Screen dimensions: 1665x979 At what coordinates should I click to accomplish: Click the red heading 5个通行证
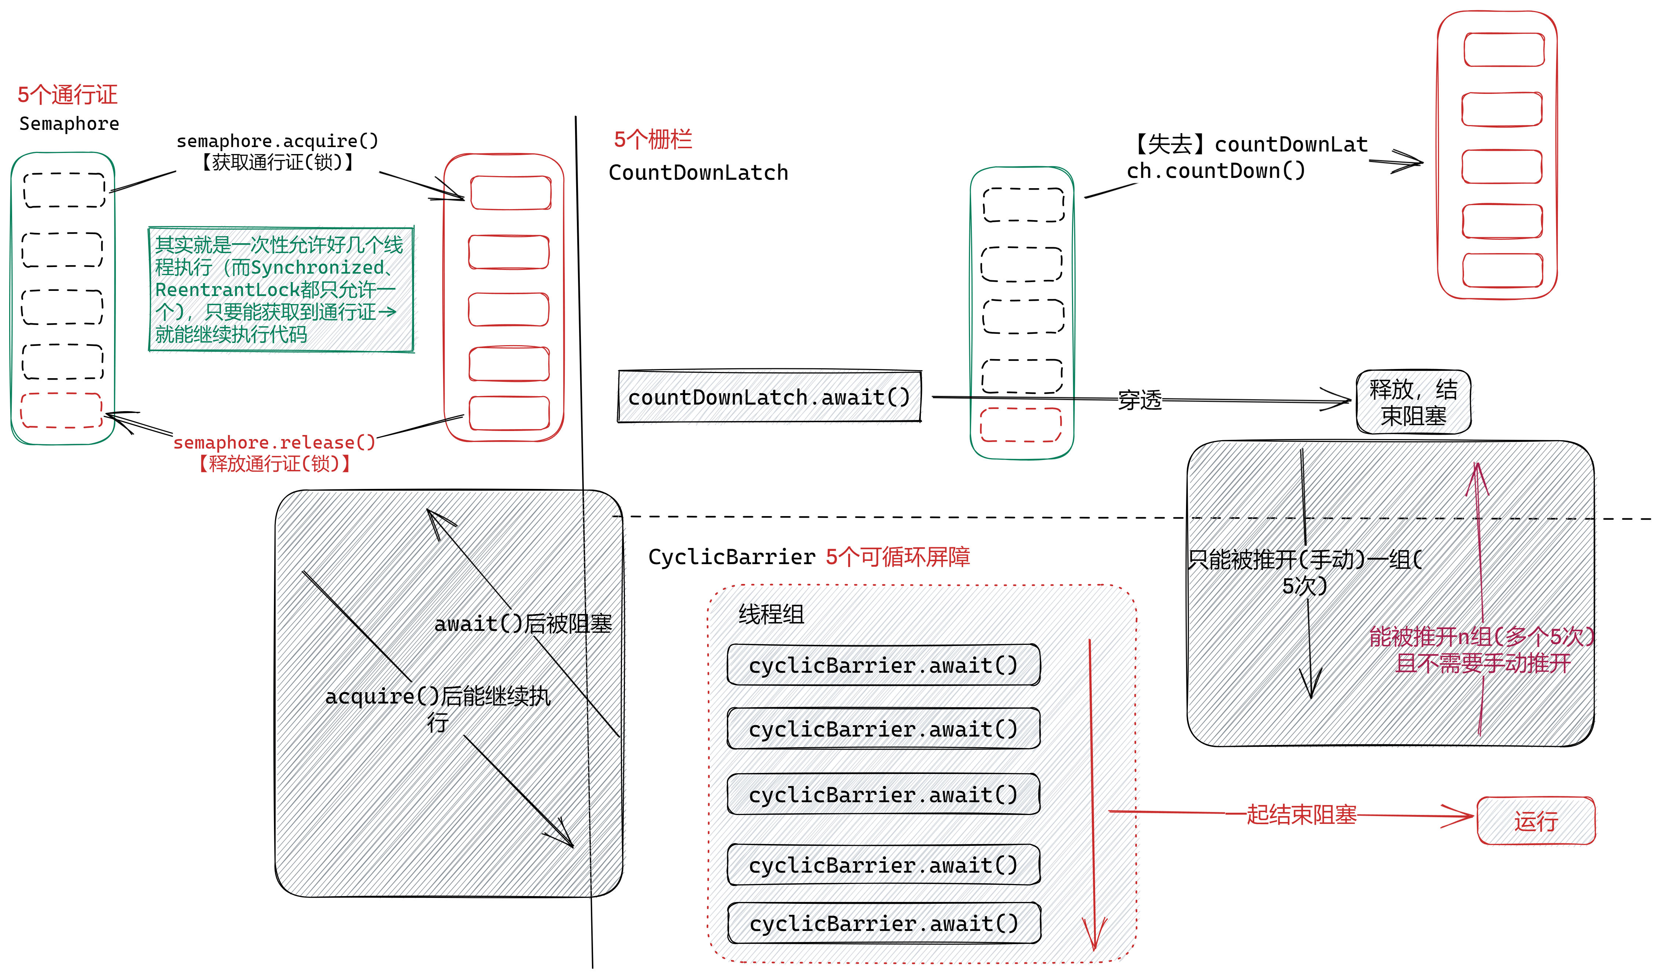tap(67, 95)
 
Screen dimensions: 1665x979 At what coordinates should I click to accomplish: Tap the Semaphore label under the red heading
tap(69, 124)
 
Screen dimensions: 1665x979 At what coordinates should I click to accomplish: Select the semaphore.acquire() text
tap(278, 141)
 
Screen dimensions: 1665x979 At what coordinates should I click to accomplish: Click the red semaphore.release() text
tap(274, 442)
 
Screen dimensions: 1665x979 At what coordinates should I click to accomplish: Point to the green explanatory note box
tap(281, 289)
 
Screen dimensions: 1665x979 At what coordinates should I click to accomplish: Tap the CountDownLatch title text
tap(698, 172)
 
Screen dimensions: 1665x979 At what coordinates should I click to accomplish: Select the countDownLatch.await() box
tap(770, 396)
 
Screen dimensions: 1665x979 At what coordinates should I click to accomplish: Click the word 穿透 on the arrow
tap(1140, 400)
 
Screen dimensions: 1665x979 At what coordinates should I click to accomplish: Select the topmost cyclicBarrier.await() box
tap(883, 664)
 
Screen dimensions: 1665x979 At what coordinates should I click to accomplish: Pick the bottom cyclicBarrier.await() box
tap(884, 923)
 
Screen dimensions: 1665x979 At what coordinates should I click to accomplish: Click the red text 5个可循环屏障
tap(898, 556)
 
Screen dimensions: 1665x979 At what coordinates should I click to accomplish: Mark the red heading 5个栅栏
tap(653, 139)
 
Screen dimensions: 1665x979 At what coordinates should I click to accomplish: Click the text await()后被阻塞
tap(523, 623)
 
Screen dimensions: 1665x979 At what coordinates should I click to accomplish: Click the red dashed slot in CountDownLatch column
tap(1021, 424)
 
